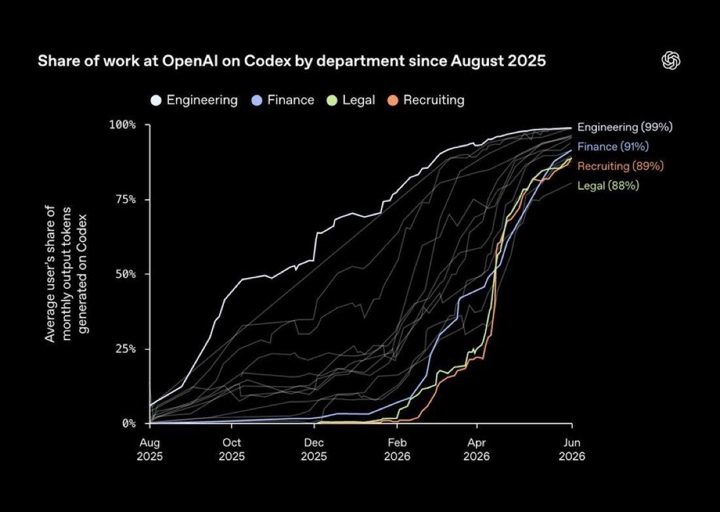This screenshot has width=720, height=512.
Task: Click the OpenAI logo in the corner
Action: click(671, 61)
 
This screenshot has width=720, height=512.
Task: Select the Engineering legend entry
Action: click(194, 100)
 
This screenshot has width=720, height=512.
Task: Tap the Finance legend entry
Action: click(283, 100)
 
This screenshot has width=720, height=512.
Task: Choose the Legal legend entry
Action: click(351, 100)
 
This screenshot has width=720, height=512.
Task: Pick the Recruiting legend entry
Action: click(426, 100)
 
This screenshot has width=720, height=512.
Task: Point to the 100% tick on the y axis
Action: click(122, 125)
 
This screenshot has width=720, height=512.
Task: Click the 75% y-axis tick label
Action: click(126, 200)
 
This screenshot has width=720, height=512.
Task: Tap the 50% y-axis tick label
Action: click(126, 274)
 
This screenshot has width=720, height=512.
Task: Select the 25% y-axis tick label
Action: click(126, 349)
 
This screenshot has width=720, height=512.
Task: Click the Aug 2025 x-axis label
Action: click(150, 450)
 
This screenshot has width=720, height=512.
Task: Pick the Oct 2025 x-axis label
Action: click(232, 450)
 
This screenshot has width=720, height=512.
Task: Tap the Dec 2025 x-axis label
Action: click(314, 450)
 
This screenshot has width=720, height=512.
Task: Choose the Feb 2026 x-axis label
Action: click(397, 450)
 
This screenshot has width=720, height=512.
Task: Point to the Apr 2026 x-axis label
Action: click(477, 450)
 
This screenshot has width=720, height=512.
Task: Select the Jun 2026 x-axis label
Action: click(571, 450)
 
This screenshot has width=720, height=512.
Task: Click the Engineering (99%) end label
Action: click(625, 127)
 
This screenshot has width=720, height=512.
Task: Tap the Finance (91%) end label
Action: click(613, 147)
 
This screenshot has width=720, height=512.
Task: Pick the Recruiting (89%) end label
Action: click(621, 166)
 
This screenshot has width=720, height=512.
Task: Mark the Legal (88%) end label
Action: click(608, 185)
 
